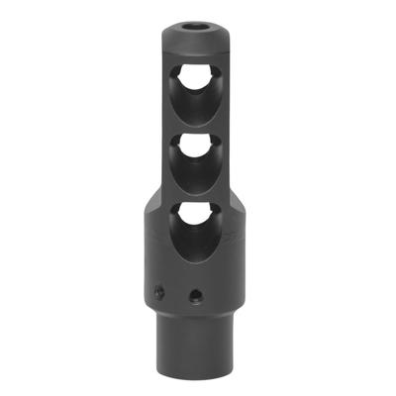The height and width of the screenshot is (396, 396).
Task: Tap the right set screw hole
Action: [196, 294]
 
